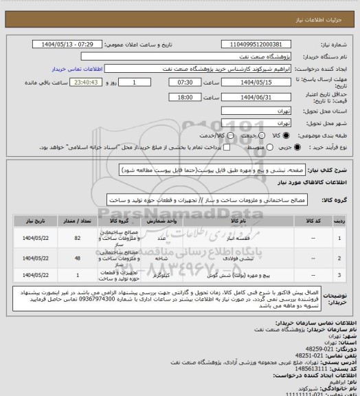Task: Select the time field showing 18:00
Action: coord(165,97)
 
